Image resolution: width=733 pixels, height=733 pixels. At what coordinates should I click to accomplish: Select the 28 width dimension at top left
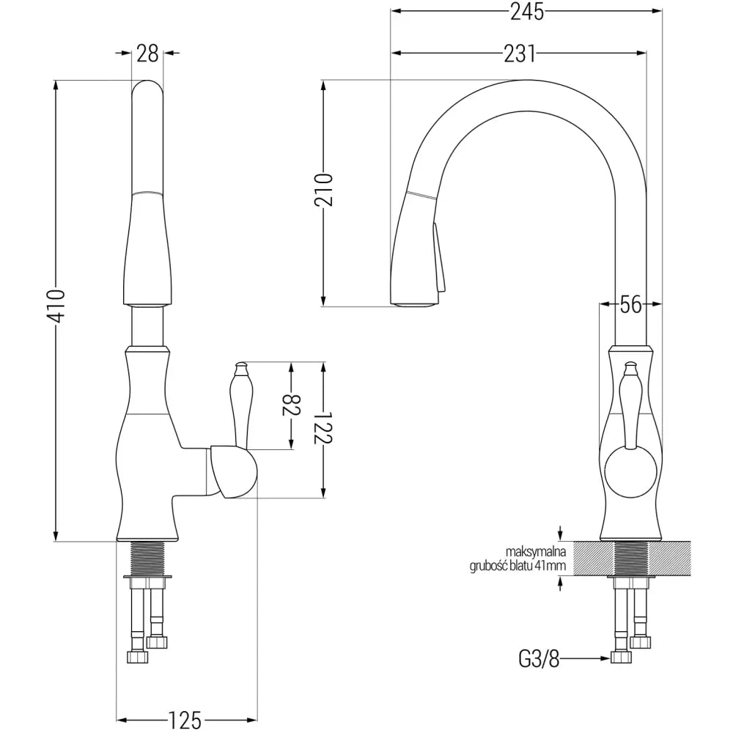point(147,53)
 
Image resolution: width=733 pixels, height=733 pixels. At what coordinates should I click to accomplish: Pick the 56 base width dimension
point(631,303)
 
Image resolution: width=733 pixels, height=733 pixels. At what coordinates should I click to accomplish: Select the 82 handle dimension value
point(292,405)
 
